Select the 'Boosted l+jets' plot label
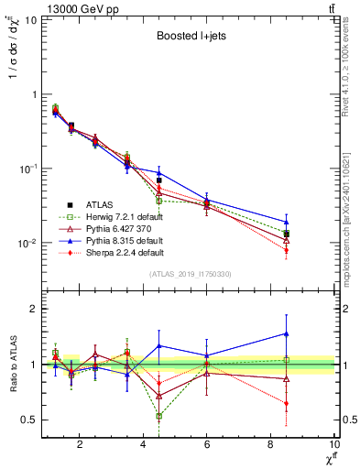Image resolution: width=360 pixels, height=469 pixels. click(191, 38)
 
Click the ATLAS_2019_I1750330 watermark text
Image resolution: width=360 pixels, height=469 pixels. click(190, 274)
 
